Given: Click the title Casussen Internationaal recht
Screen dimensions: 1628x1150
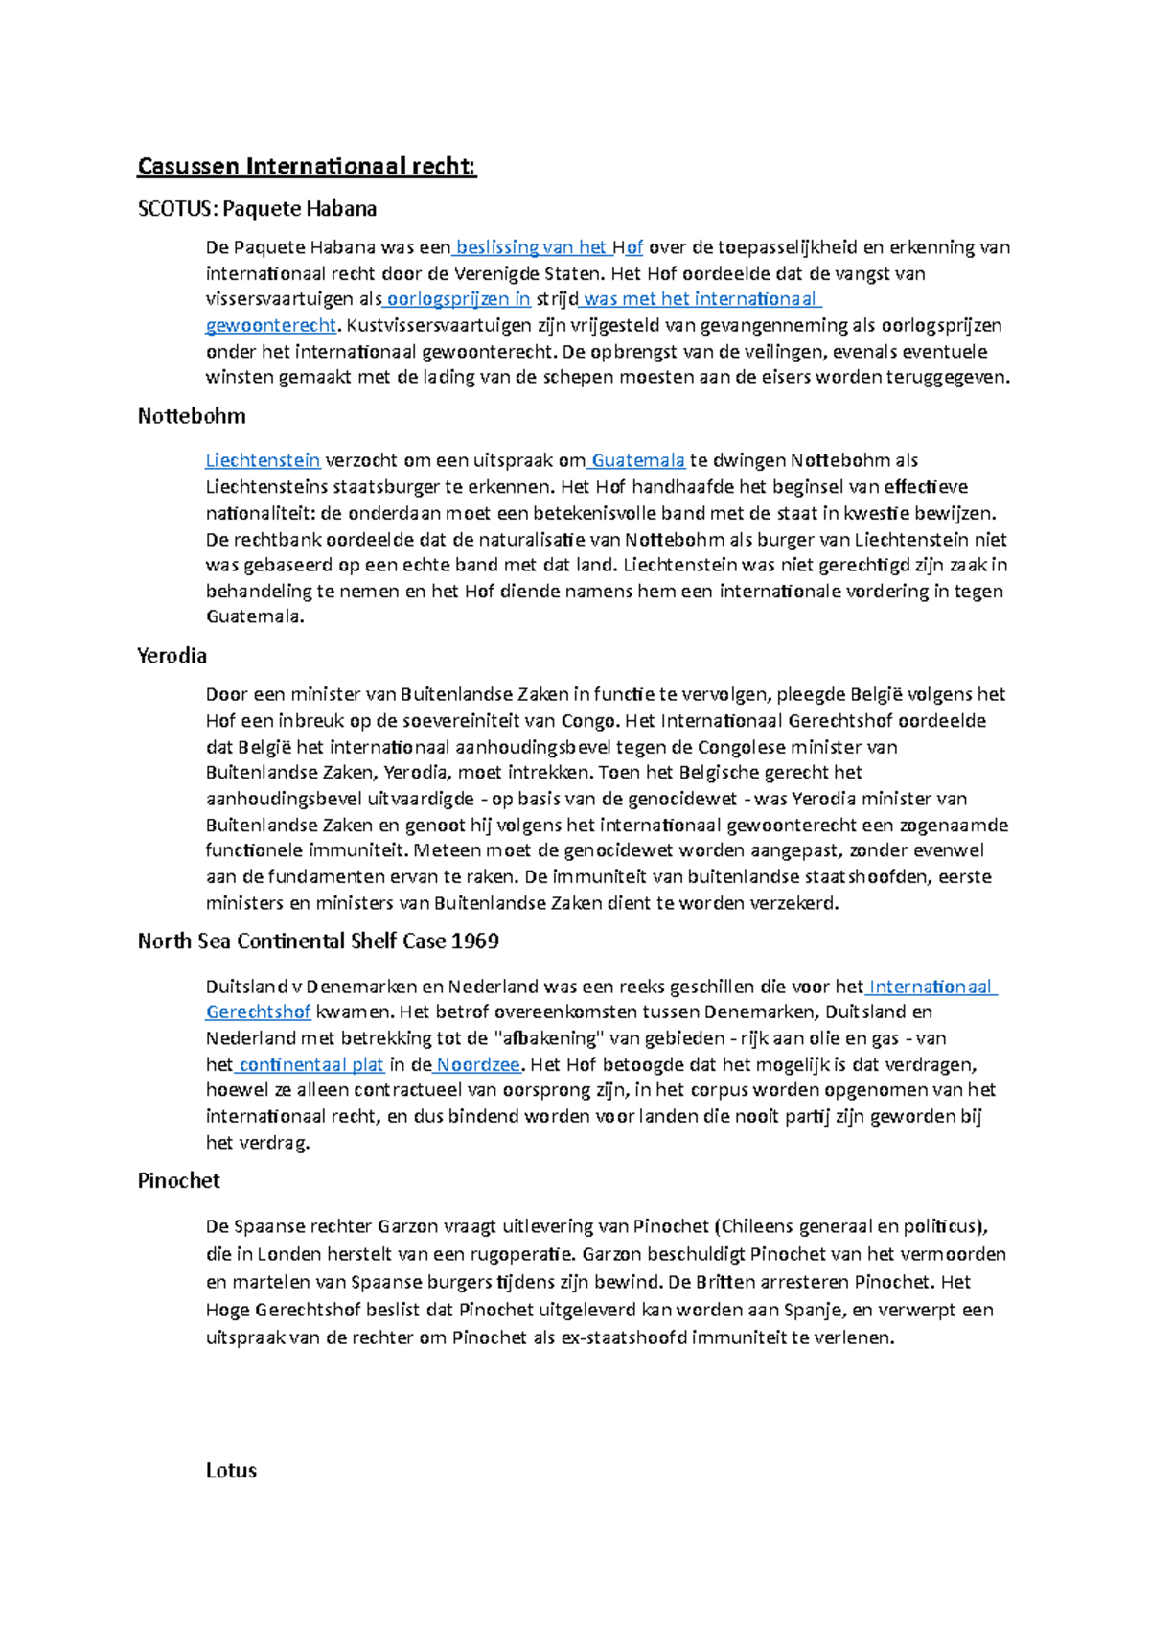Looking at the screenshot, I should pos(307,167).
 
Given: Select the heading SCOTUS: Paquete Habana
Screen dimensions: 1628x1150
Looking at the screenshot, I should pos(257,209).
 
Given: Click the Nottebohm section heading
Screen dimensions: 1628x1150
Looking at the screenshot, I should pos(192,416).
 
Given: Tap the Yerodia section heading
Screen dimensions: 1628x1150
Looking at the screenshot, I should pos(172,656).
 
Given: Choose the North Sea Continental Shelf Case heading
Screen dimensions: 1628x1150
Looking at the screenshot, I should pos(318,942).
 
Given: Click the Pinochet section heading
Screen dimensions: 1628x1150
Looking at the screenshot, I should pos(179,1181).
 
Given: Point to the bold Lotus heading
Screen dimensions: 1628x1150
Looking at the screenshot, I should pos(231,1471).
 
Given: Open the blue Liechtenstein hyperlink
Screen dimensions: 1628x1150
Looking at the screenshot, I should pos(263,461).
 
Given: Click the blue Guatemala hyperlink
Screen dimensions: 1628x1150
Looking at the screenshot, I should pos(638,461).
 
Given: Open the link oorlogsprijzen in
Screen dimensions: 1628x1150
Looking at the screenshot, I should pos(458,299).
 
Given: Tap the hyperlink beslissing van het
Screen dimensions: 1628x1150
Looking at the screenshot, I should pos(532,247).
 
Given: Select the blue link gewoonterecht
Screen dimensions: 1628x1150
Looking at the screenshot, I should pos(271,325).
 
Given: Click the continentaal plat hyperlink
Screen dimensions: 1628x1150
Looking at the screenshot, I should pos(311,1065).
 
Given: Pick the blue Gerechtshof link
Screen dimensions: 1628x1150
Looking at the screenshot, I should pos(259,1012).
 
